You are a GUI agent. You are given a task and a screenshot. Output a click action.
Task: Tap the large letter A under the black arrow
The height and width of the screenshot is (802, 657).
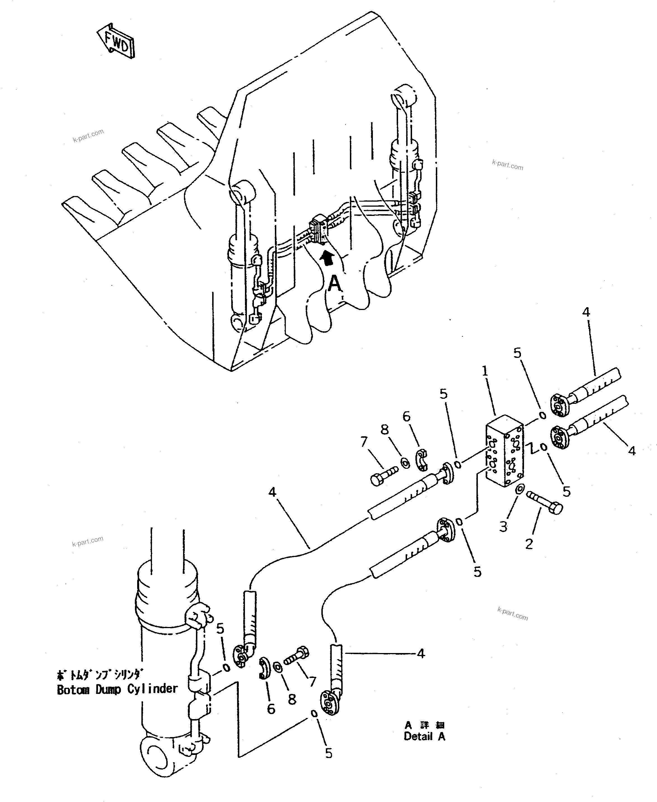coord(335,283)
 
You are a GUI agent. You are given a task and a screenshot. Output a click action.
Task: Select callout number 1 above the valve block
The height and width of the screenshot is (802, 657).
coord(485,371)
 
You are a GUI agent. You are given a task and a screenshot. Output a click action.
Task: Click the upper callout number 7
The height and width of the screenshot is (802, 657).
coord(364,442)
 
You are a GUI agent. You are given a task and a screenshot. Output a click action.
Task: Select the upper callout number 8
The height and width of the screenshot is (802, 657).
coord(385,430)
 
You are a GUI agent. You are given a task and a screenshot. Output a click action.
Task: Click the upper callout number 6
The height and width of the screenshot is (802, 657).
coord(406,417)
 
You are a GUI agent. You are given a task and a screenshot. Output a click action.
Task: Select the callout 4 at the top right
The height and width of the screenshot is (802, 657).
coord(586,312)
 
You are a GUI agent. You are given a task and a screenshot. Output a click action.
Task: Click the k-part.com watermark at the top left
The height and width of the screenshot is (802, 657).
coord(88,136)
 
